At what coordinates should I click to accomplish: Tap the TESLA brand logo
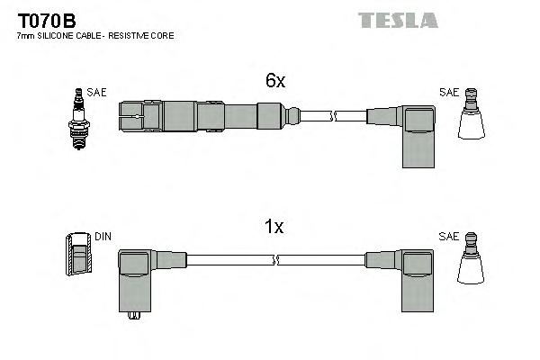[x=399, y=20]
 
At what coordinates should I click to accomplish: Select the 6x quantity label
[x=275, y=81]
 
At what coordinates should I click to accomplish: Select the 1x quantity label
[x=275, y=228]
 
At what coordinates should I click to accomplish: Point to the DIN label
[x=103, y=237]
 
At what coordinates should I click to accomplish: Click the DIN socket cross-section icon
[x=79, y=255]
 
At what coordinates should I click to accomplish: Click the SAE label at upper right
[x=449, y=93]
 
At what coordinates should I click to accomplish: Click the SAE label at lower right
[x=449, y=237]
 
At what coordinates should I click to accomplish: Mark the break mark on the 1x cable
[x=275, y=260]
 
